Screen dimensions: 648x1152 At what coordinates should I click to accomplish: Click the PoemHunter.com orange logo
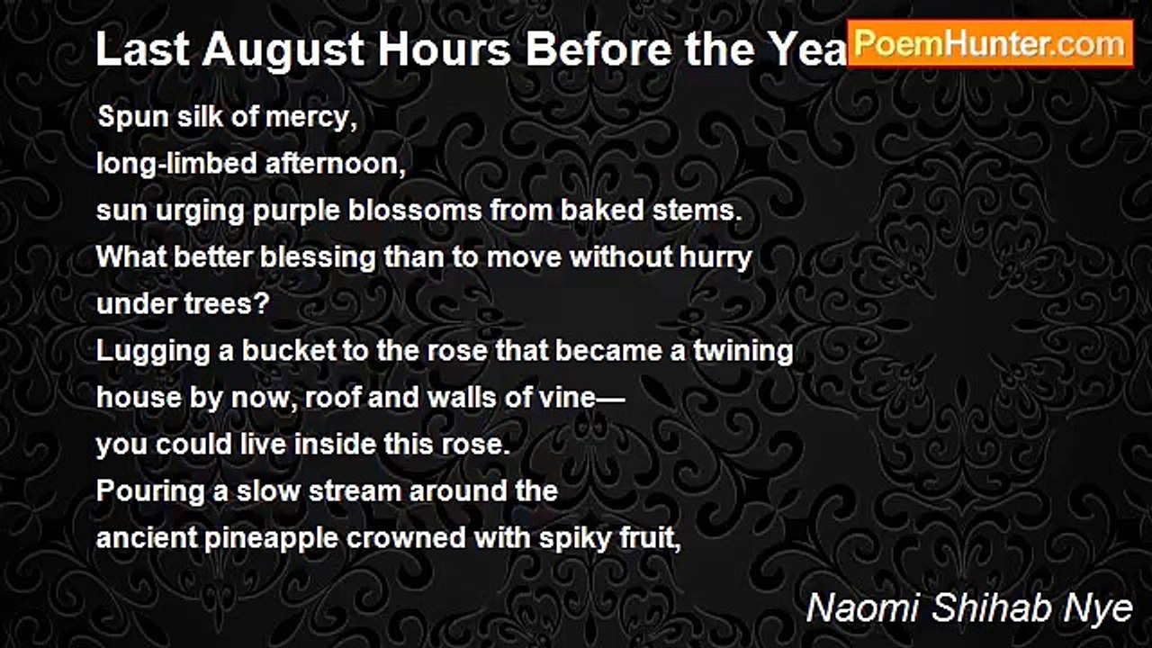pyautogui.click(x=990, y=42)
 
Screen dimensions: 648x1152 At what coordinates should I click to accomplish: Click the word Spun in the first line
pyautogui.click(x=127, y=118)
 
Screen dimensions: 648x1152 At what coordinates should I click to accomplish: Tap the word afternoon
pyautogui.click(x=314, y=165)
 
